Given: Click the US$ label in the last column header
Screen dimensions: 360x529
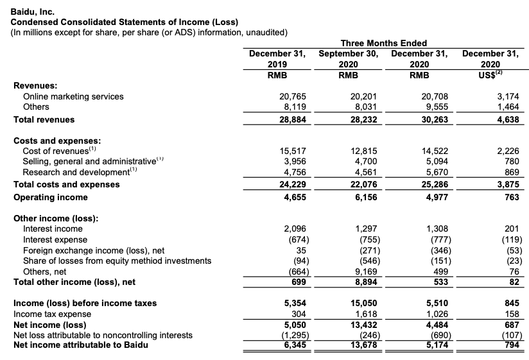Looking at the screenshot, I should tap(490, 75).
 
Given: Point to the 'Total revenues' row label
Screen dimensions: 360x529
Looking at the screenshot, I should tap(44, 119).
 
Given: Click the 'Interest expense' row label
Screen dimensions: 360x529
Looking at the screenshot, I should tap(53, 239).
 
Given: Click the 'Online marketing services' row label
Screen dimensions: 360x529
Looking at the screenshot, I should tap(73, 96).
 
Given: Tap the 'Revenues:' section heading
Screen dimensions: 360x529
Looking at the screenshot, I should tap(35, 85).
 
